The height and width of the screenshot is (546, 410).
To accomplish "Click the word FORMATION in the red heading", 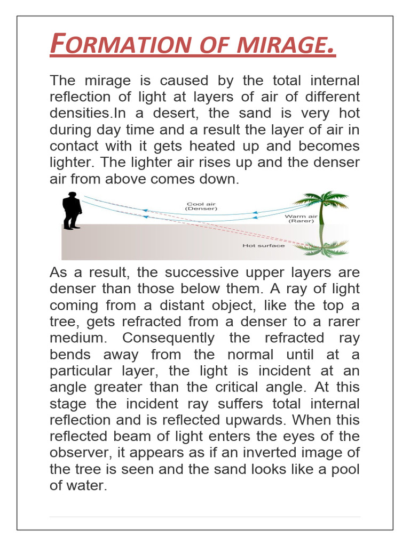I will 120,45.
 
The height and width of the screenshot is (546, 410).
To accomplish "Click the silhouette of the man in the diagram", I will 72,211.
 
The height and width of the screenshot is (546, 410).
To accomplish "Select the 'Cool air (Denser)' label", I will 202,206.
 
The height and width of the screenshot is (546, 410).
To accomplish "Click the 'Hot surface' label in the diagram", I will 264,246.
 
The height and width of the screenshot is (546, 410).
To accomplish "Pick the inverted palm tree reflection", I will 322,246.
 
